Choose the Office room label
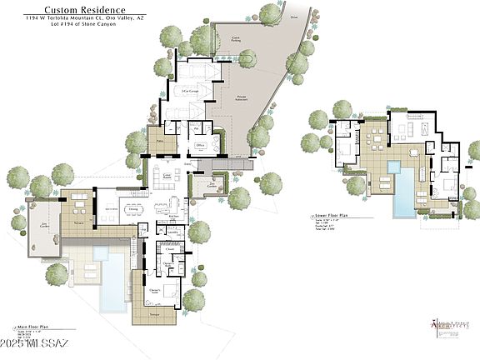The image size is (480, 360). (200, 145)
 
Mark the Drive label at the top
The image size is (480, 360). (293, 15)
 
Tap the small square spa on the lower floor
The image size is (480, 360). (393, 167)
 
